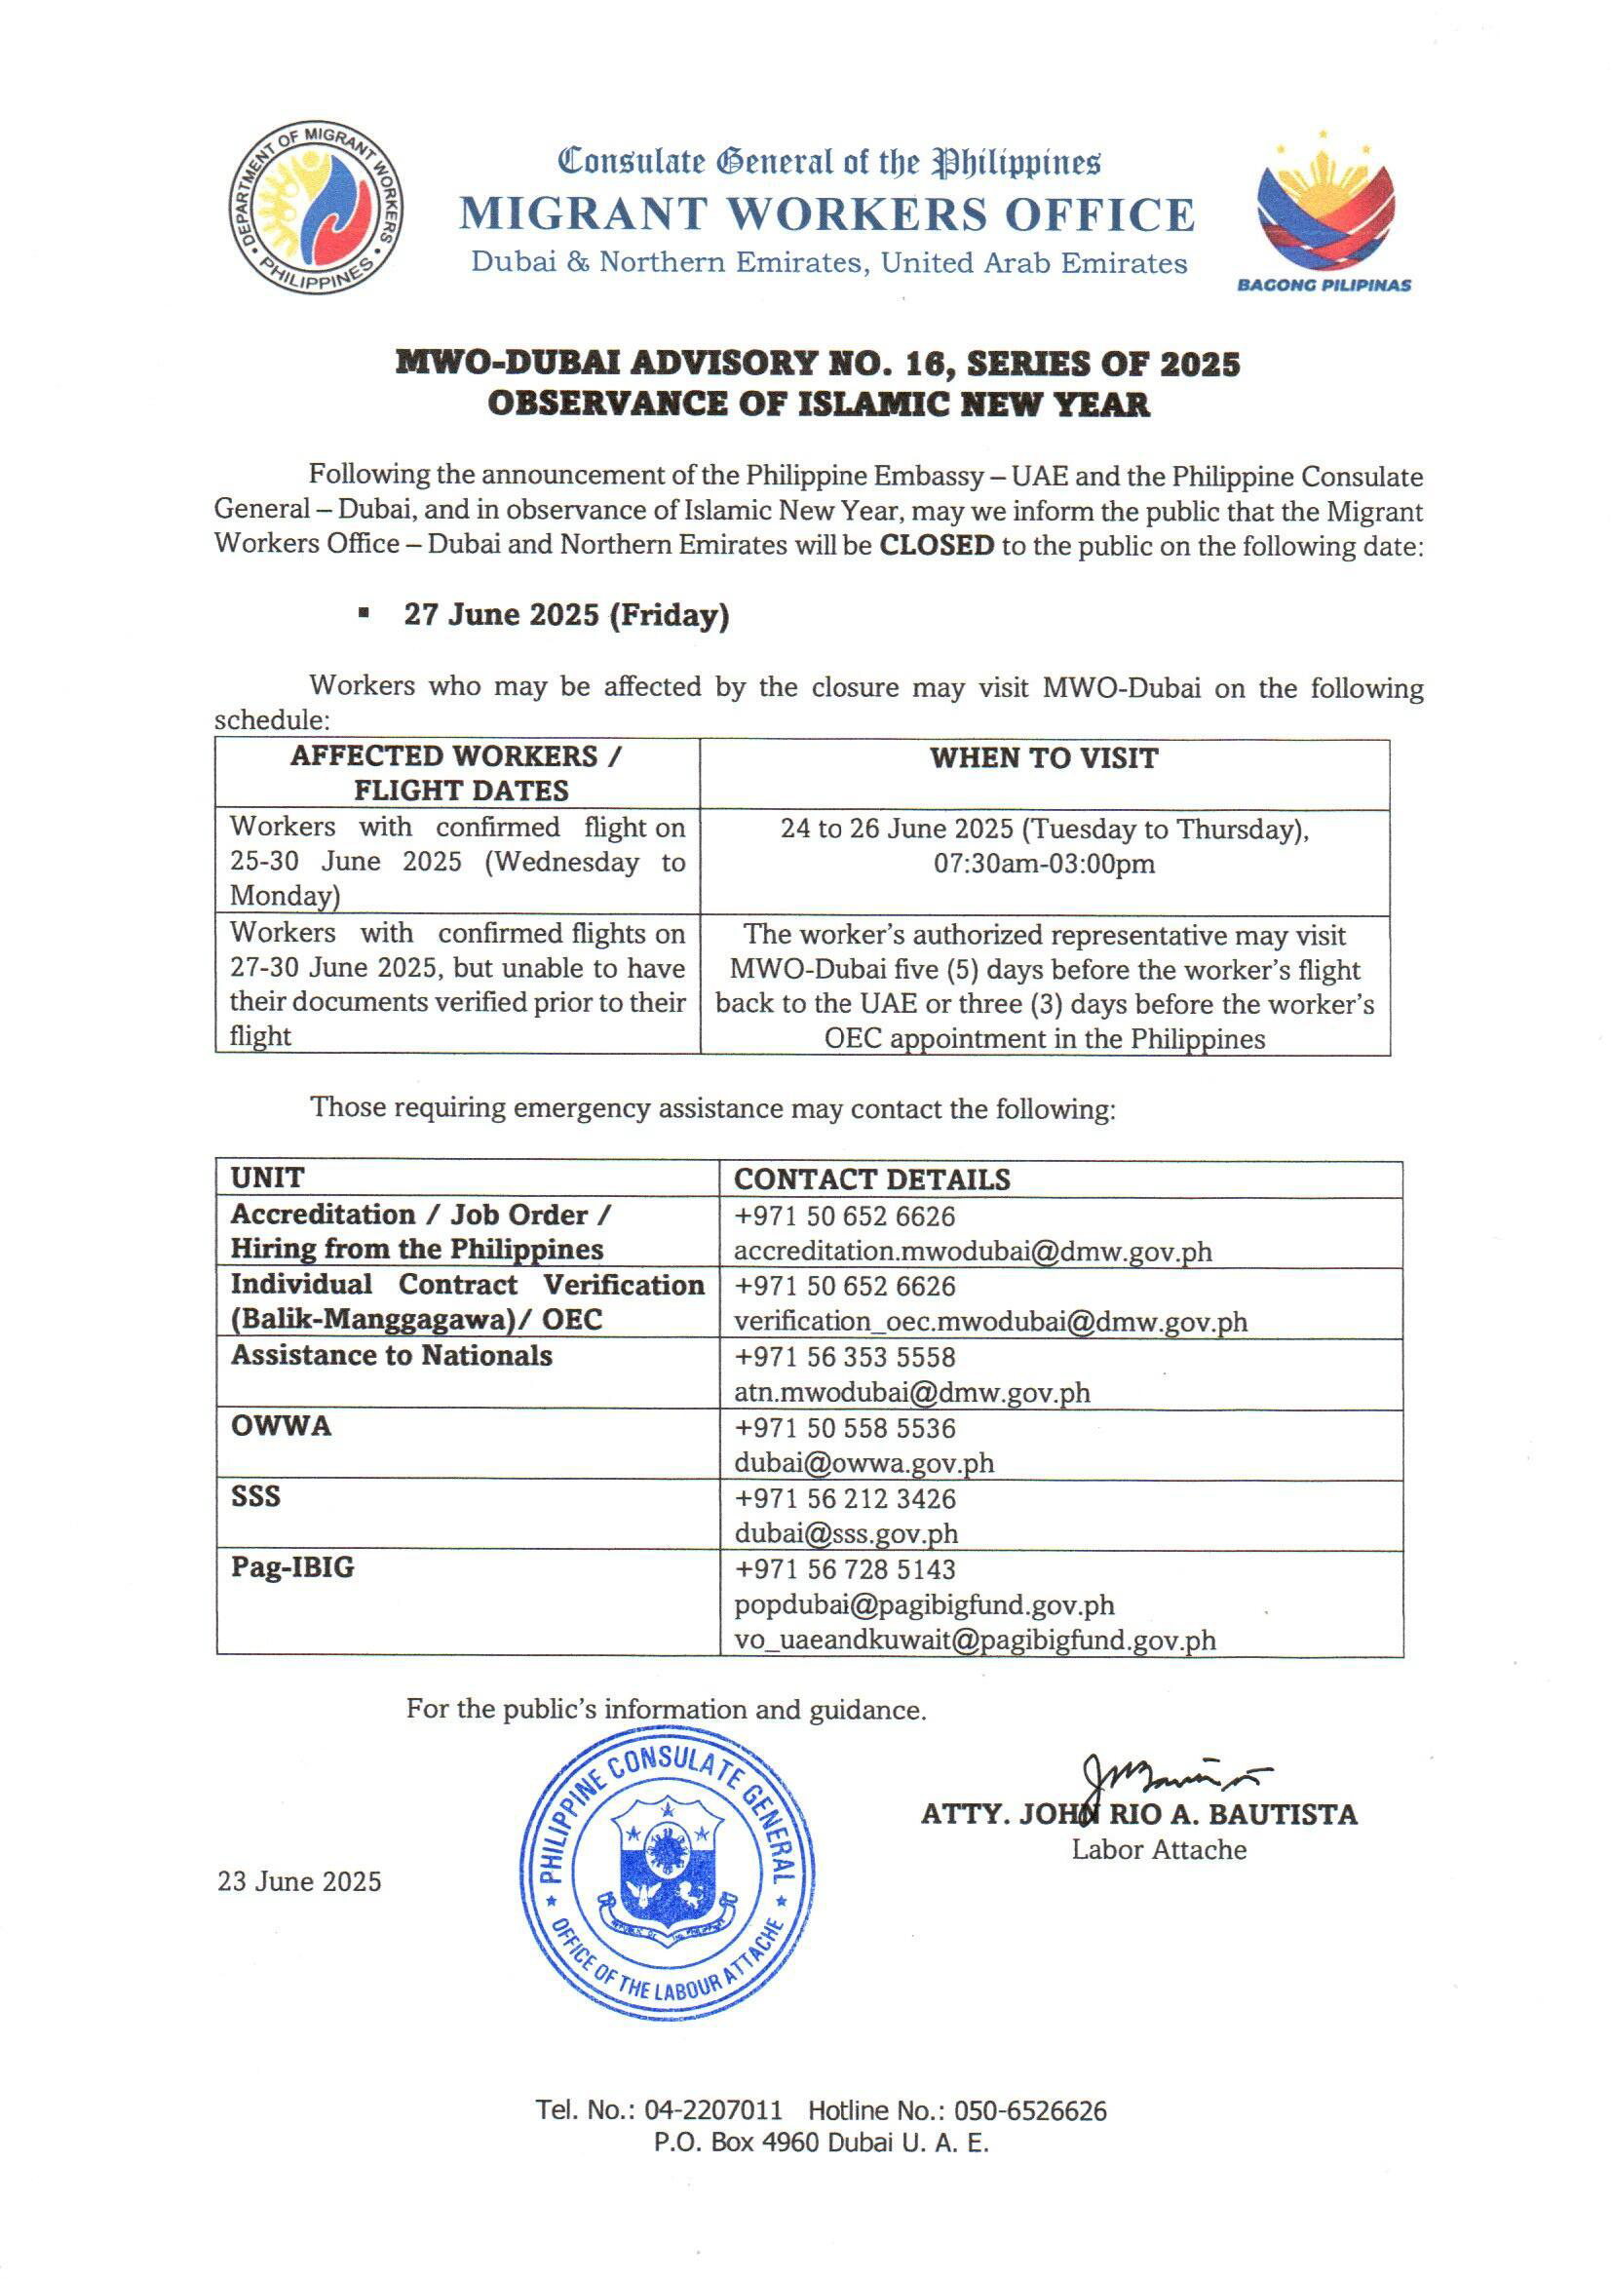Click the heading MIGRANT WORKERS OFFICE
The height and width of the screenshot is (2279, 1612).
826,214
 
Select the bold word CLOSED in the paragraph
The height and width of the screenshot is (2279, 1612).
936,545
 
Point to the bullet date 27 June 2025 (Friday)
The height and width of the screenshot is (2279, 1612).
566,615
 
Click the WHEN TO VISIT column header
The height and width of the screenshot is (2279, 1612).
1043,758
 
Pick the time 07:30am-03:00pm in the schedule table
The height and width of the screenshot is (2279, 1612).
1043,864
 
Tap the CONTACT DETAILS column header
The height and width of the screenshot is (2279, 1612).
871,1179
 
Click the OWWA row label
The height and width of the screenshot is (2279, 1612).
281,1426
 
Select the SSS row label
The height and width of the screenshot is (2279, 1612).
256,1497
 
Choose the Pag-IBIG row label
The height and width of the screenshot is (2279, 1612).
292,1567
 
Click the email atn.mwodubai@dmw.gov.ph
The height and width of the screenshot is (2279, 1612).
911,1393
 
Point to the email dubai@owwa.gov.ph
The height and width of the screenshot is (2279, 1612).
864,1463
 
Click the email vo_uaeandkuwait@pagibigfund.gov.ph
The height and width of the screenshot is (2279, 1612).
975,1640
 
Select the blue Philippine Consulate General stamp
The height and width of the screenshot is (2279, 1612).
667,1875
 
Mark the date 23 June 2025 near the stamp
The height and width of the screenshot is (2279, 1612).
300,1882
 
